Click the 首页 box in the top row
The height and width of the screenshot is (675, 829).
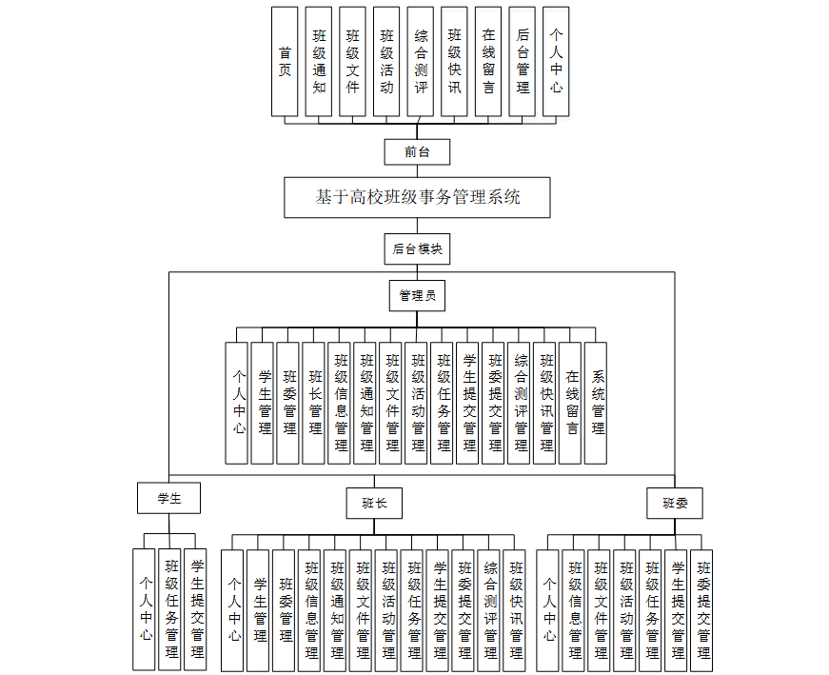[285, 62]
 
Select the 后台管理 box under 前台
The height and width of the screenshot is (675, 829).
[523, 62]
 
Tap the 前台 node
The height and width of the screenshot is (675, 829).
[417, 151]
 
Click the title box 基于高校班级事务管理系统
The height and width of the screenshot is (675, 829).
[418, 198]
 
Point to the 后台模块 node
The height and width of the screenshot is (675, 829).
[417, 249]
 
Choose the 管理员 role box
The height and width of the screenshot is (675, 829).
[417, 296]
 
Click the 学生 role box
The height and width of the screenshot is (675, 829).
[168, 497]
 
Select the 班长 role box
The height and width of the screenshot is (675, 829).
[374, 503]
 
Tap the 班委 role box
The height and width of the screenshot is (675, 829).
[675, 504]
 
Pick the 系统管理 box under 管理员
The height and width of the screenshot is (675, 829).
[597, 403]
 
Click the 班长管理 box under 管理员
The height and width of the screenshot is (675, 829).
[314, 403]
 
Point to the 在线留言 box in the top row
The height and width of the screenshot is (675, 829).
[488, 62]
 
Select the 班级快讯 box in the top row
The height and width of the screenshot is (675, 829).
[454, 62]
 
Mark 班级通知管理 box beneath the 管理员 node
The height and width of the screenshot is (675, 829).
[365, 403]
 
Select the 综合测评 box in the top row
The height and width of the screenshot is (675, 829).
[421, 62]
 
